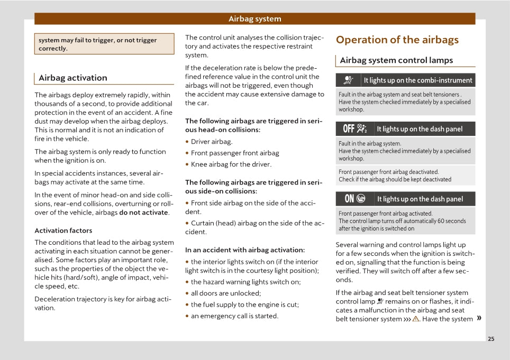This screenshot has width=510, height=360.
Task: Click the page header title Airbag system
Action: pyautogui.click(x=254, y=19)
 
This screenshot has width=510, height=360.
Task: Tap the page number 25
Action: pyautogui.click(x=491, y=339)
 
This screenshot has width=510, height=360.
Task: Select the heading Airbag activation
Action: pyautogui.click(x=73, y=78)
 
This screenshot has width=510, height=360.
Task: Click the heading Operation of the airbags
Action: pyautogui.click(x=397, y=40)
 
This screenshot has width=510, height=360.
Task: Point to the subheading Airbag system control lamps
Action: pyautogui.click(x=396, y=60)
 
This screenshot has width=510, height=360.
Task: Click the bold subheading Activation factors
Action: pyautogui.click(x=63, y=230)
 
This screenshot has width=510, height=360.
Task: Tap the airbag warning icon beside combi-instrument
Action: pyautogui.click(x=348, y=80)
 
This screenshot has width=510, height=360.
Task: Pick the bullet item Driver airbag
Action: pyautogui.click(x=211, y=142)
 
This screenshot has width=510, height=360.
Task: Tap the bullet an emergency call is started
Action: pyautogui.click(x=234, y=316)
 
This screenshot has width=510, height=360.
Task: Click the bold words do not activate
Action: pyautogui.click(x=144, y=213)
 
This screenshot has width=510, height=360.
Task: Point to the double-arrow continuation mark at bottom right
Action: pyautogui.click(x=479, y=318)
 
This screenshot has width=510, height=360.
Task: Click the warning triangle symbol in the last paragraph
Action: pyautogui.click(x=416, y=319)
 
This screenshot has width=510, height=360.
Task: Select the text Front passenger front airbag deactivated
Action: pyautogui.click(x=388, y=172)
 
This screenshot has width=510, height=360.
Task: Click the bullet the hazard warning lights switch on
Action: pyautogui.click(x=245, y=282)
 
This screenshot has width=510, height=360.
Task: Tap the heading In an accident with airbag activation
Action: pyautogui.click(x=244, y=250)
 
